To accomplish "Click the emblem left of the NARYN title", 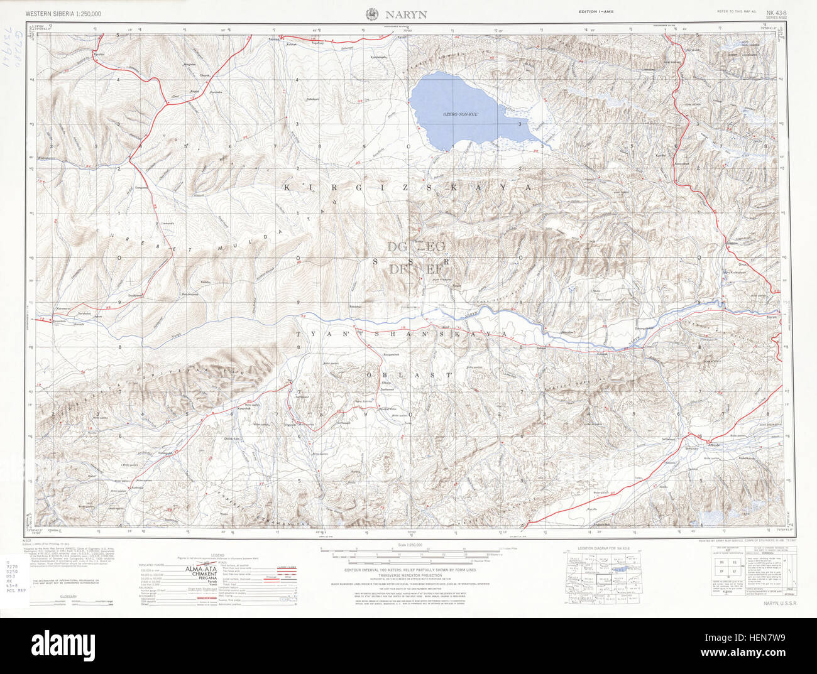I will (x=371, y=13).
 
